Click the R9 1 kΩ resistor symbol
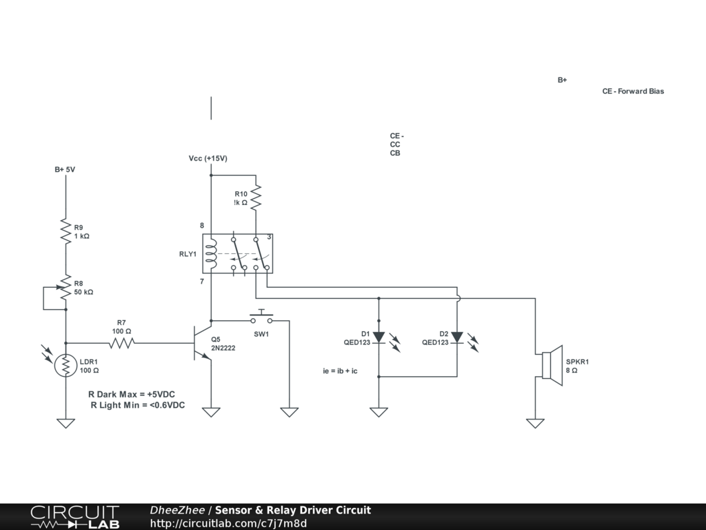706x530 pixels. point(66,232)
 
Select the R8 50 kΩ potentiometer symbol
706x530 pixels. point(66,288)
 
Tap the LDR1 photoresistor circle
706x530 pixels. point(66,366)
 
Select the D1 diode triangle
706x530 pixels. point(379,337)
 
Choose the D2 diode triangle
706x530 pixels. point(456,337)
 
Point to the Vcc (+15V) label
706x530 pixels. point(208,159)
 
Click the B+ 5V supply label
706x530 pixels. point(65,169)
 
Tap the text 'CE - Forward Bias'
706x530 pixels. point(633,91)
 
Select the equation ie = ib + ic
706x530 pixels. point(340,371)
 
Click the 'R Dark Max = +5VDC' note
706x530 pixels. point(137,394)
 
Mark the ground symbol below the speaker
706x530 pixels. point(535,423)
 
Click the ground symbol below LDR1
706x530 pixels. point(65,423)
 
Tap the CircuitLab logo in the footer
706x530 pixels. point(74,517)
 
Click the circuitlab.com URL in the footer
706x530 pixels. point(228,523)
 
